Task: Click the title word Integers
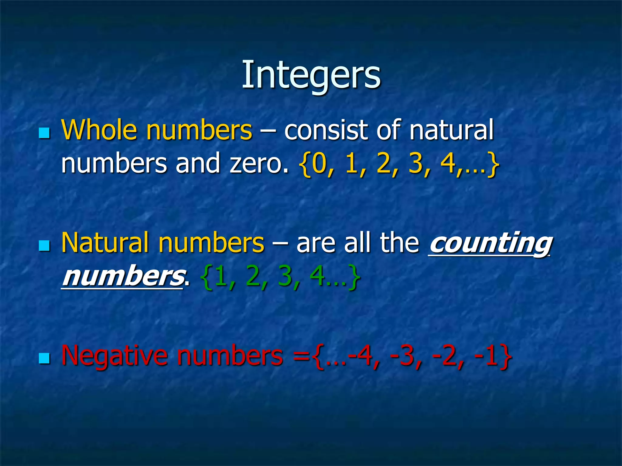(311, 75)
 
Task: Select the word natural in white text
(451, 130)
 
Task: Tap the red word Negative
(114, 356)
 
